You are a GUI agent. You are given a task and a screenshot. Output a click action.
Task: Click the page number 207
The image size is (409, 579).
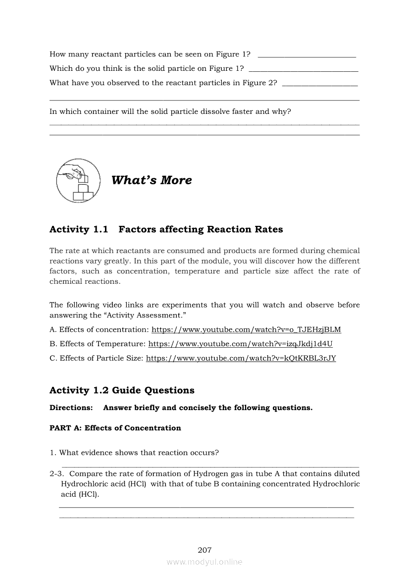(x=204, y=550)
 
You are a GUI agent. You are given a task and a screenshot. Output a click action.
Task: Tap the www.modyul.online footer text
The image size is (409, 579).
(x=204, y=562)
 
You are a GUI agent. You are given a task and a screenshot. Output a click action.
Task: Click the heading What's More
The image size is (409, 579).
(x=152, y=180)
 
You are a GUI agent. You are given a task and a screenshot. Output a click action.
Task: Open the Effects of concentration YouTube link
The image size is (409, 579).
(x=246, y=329)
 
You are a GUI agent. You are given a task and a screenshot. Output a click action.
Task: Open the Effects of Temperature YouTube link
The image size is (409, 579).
(x=241, y=344)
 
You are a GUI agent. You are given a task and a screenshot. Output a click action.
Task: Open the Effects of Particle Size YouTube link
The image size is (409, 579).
(x=241, y=358)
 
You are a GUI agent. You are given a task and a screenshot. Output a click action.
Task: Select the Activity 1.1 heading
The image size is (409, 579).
(x=166, y=229)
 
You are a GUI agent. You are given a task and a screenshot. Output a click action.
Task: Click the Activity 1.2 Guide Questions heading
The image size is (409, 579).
(x=122, y=390)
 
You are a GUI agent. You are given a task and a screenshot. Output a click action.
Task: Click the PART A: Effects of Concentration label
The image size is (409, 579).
(x=115, y=428)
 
